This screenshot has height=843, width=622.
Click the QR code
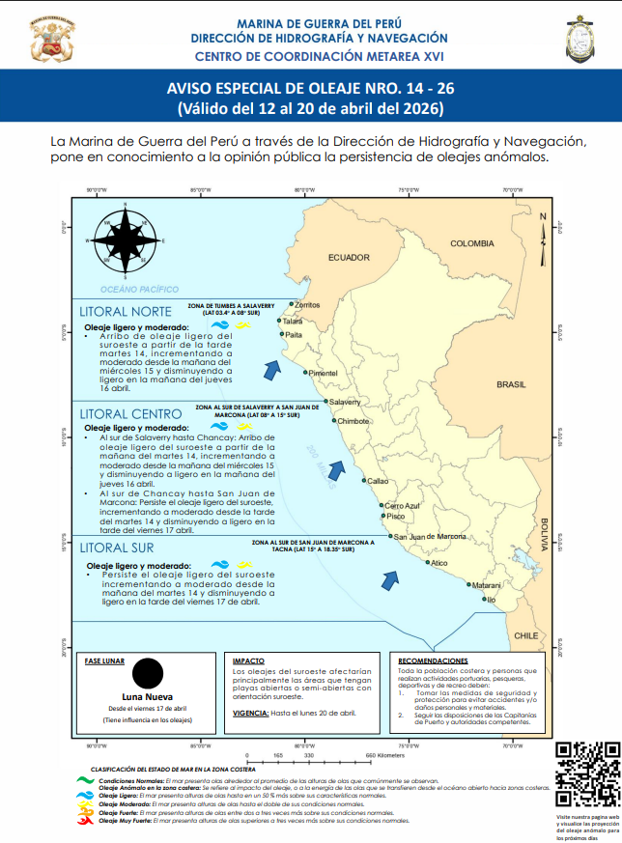click(x=588, y=775)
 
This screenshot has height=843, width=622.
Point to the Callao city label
click(x=378, y=480)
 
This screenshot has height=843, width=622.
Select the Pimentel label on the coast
click(x=323, y=373)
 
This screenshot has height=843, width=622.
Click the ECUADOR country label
click(x=349, y=258)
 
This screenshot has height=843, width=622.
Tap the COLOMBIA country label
click(x=471, y=243)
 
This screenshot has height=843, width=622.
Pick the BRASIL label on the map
click(x=511, y=384)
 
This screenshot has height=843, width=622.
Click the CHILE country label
click(x=526, y=635)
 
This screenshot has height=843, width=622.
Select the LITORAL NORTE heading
click(x=126, y=311)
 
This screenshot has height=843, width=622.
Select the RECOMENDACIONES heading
click(x=432, y=659)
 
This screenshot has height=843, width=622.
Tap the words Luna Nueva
click(x=148, y=696)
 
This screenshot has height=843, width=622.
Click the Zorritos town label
click(x=306, y=304)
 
